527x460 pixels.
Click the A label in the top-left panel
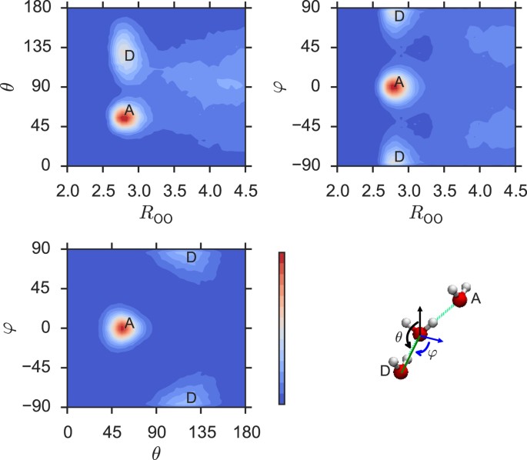pyautogui.click(x=129, y=110)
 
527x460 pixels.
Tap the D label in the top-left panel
pyautogui.click(x=129, y=55)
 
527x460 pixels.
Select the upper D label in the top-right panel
pyautogui.click(x=399, y=16)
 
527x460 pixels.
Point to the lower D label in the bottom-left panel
pyautogui.click(x=192, y=398)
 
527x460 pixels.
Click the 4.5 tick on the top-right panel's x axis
pyautogui.click(x=515, y=178)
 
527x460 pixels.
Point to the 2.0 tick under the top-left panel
pyautogui.click(x=68, y=178)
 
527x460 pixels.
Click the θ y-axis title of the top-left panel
pyautogui.click(x=12, y=86)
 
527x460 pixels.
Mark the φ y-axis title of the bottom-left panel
pyautogui.click(x=12, y=327)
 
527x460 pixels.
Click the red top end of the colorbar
pyautogui.click(x=282, y=255)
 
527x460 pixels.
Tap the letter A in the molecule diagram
pyautogui.click(x=477, y=298)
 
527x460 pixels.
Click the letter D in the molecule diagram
pyautogui.click(x=385, y=372)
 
